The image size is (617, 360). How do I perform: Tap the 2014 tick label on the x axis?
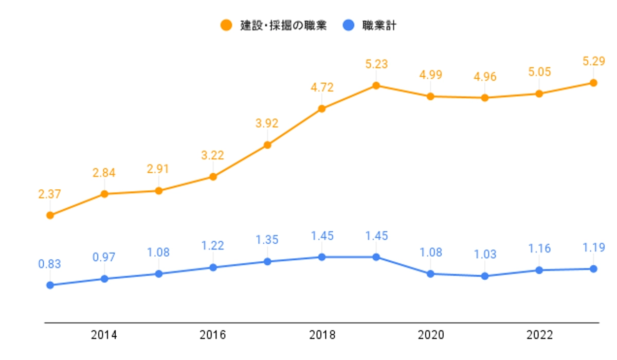[104, 335]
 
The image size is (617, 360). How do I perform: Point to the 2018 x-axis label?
[322, 335]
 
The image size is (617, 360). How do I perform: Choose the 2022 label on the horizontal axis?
[539, 335]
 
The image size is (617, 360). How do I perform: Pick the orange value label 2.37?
[50, 194]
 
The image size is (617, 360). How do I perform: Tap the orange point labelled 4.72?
[322, 109]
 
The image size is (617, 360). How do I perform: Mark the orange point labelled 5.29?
[593, 83]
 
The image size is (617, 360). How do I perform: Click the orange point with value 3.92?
[267, 145]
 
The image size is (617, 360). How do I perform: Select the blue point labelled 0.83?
[50, 285]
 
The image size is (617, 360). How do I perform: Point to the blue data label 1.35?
[267, 241]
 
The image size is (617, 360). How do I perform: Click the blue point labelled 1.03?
[484, 276]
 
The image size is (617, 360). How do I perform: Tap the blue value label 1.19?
[593, 248]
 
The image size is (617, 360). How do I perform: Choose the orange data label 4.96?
[484, 77]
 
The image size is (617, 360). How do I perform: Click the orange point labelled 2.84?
[104, 194]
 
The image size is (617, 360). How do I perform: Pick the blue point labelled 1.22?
[213, 267]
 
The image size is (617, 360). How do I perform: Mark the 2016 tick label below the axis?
[213, 335]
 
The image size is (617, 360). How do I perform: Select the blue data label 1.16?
[539, 249]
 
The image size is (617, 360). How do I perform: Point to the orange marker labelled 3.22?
[213, 177]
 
